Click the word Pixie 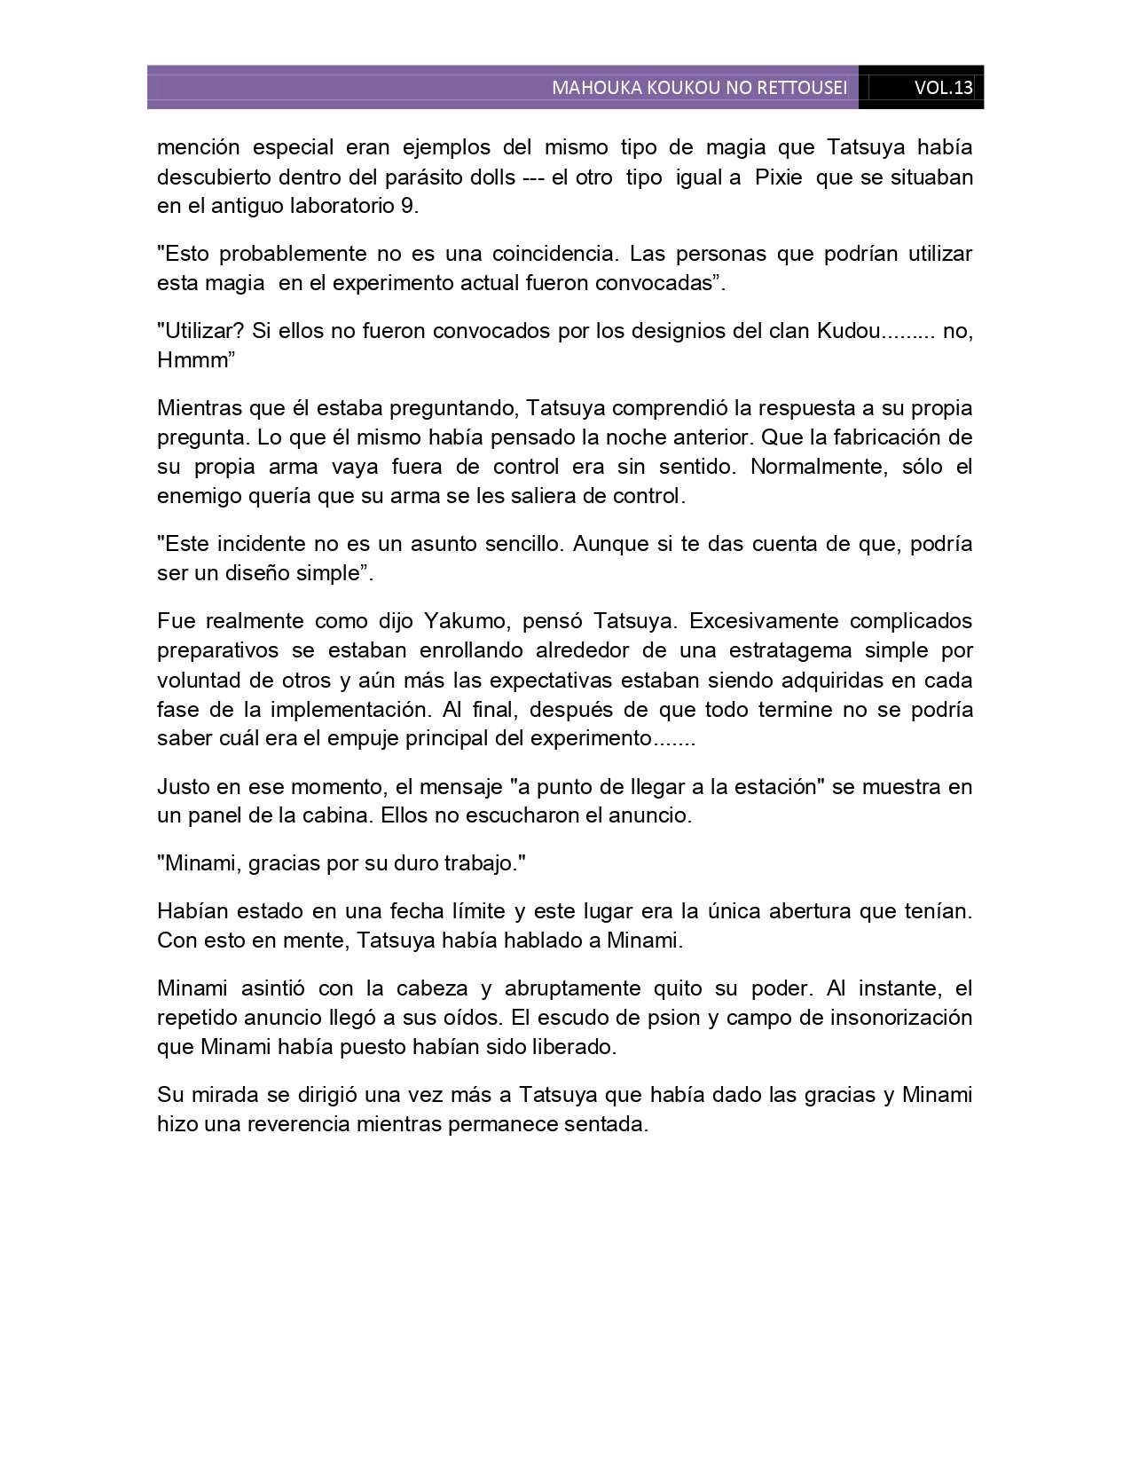pyautogui.click(x=778, y=177)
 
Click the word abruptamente pyautogui.click(x=573, y=988)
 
